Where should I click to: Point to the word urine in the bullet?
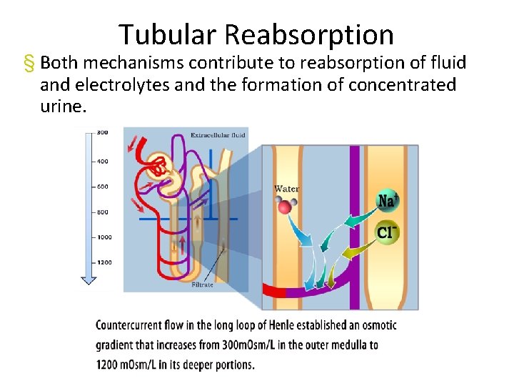coord(61,107)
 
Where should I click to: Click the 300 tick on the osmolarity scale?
coord(102,132)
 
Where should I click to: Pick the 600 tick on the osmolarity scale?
coord(102,187)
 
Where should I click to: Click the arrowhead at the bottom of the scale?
coord(89,280)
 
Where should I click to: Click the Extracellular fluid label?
coord(218,134)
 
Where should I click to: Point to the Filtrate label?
coord(202,284)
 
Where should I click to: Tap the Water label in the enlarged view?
coord(286,189)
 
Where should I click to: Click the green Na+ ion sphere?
coord(388,201)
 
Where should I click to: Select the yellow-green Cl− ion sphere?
coord(387,232)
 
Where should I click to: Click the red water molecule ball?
coord(285,207)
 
